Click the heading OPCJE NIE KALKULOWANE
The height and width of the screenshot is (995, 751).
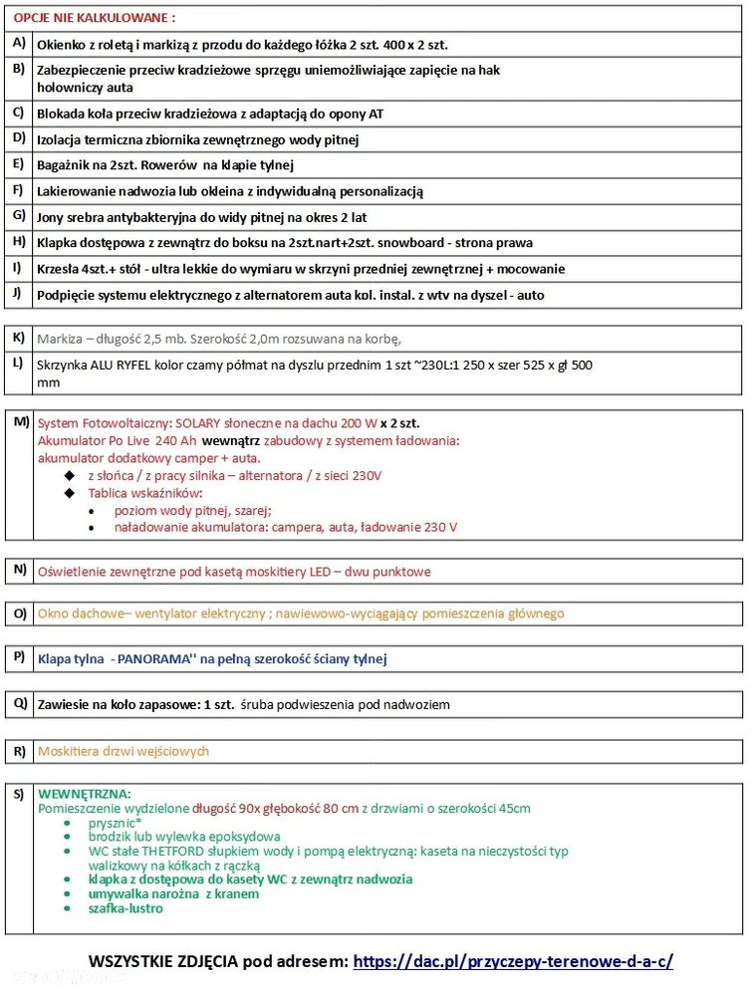(94, 18)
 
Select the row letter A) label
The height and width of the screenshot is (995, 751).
(18, 44)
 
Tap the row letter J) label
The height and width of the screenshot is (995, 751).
(18, 294)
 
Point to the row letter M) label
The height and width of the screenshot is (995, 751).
(21, 421)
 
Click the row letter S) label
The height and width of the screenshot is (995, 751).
(19, 794)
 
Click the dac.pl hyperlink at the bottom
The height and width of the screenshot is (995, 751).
(513, 961)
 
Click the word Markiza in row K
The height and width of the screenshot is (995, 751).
(59, 339)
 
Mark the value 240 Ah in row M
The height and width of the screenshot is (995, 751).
(175, 440)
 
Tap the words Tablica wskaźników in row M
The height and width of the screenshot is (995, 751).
(144, 493)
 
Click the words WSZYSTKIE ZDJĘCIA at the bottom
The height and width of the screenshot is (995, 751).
(162, 961)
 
